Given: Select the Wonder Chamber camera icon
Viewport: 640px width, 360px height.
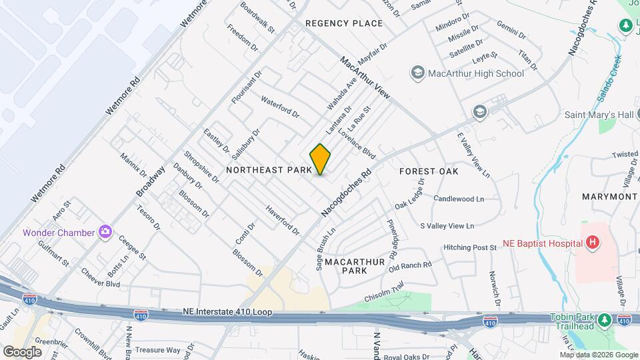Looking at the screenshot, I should [x=105, y=232].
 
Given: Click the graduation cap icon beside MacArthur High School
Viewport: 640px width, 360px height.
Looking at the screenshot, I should [x=418, y=73].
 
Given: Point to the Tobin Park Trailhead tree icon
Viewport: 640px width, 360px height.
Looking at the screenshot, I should [x=604, y=320].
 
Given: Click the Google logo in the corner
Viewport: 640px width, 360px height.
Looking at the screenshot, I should [x=22, y=351].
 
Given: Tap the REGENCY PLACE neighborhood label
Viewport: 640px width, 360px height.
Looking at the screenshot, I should [x=344, y=23].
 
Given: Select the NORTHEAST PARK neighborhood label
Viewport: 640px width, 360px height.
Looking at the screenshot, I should [x=269, y=171].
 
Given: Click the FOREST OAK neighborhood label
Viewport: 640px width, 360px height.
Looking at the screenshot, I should [x=429, y=171].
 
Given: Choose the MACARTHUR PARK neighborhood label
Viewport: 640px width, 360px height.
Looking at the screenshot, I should [x=355, y=267].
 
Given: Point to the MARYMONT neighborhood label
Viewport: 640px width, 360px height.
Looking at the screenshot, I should [x=609, y=197].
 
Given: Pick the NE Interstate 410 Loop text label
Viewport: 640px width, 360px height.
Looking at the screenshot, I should [x=227, y=312].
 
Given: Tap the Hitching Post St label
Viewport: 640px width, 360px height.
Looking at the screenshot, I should [x=470, y=247].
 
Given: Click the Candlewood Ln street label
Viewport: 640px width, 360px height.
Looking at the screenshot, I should [x=458, y=199].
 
